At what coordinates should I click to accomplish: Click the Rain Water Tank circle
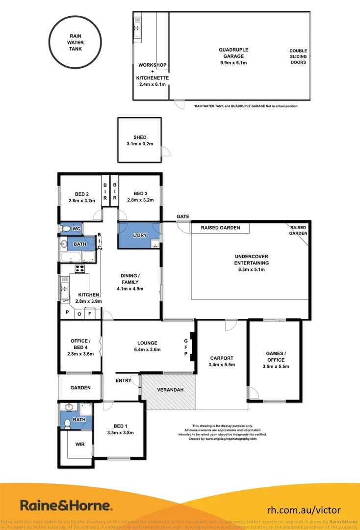click(x=76, y=42)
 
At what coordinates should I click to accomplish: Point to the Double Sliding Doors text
click(x=298, y=56)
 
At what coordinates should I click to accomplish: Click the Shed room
click(x=139, y=140)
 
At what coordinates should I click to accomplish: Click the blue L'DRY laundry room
click(x=139, y=236)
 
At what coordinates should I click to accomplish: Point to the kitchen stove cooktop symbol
click(x=79, y=268)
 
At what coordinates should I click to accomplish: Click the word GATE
click(x=183, y=216)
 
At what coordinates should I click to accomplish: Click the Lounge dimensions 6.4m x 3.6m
click(x=147, y=350)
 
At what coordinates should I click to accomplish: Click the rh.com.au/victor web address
click(x=303, y=510)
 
